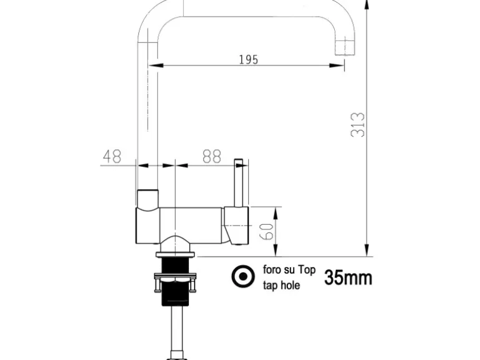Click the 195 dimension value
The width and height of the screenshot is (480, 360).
(x=248, y=59)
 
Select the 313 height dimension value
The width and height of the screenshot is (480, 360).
(x=358, y=125)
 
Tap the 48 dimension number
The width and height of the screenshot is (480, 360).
(x=112, y=156)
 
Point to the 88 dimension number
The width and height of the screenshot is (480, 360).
(x=212, y=156)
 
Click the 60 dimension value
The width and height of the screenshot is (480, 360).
(x=266, y=232)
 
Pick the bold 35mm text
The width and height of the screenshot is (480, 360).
(x=348, y=277)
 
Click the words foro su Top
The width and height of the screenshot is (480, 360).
(x=289, y=270)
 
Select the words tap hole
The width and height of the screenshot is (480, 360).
(x=281, y=285)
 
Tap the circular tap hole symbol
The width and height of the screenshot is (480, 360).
(x=243, y=277)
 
